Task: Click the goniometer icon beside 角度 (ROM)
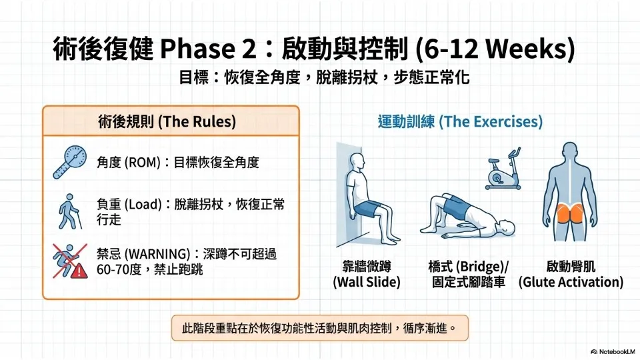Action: click(x=70, y=161)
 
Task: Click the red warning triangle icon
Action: click(x=79, y=270)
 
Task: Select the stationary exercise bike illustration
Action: click(x=503, y=169)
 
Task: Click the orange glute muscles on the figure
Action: click(x=571, y=213)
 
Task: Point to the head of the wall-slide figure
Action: click(x=357, y=162)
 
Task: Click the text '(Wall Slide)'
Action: click(x=367, y=282)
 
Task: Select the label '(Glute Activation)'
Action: click(x=571, y=282)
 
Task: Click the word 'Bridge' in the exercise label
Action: click(x=480, y=267)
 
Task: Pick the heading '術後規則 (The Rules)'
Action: click(x=167, y=121)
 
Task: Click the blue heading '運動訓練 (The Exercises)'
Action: click(x=460, y=121)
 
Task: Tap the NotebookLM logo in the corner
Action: click(x=613, y=351)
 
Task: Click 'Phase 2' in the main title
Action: click(x=208, y=48)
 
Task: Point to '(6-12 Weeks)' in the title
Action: click(x=495, y=48)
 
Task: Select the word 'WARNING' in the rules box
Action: click(x=157, y=254)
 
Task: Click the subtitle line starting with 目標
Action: click(x=325, y=77)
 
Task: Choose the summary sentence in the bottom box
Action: click(x=319, y=328)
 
